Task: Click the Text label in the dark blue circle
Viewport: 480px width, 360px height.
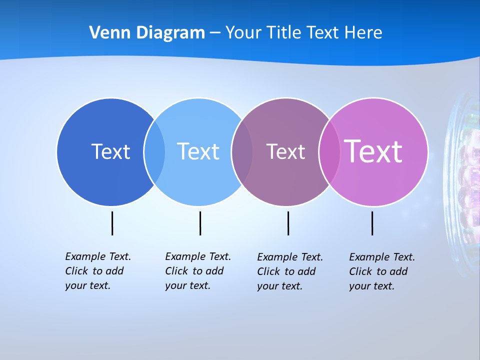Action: (110, 151)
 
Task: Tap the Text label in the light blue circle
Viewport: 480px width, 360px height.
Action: (198, 151)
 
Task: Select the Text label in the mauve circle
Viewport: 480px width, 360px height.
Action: (285, 151)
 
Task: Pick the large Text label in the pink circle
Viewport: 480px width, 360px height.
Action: (373, 151)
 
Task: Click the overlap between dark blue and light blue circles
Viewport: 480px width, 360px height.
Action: (154, 151)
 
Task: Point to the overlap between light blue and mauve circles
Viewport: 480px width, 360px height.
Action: (242, 151)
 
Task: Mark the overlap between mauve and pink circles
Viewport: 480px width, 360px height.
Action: (329, 151)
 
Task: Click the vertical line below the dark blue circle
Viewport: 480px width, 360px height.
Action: (112, 223)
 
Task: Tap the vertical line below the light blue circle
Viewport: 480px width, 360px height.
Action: (200, 223)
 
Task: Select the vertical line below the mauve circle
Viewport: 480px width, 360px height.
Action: (288, 223)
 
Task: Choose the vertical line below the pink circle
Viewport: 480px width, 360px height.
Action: (372, 223)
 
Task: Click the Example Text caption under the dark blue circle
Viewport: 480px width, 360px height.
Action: (97, 271)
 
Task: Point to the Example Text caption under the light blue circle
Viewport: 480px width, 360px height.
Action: (197, 271)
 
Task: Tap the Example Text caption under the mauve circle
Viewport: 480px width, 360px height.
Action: (289, 271)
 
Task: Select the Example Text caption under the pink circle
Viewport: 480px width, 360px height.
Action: (381, 271)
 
